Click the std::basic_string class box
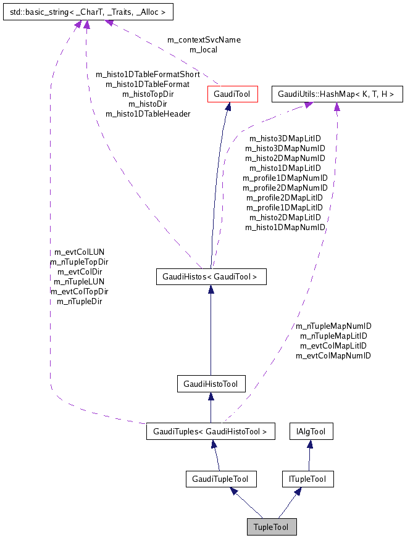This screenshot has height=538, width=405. (x=87, y=12)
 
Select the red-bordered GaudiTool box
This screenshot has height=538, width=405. (x=228, y=94)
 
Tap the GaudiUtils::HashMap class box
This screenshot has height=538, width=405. (x=337, y=94)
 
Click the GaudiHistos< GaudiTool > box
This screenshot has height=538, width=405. (x=211, y=277)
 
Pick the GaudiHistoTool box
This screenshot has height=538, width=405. (x=211, y=384)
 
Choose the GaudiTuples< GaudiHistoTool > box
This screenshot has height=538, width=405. (x=210, y=431)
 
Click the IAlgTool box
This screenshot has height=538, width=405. (x=312, y=431)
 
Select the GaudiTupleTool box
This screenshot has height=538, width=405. (x=220, y=479)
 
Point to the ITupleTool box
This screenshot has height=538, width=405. (x=307, y=479)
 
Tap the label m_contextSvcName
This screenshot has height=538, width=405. (x=204, y=39)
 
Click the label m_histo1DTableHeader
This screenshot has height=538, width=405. (x=148, y=114)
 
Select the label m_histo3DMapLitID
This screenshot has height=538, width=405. (x=285, y=139)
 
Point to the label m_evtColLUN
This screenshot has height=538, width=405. (x=80, y=252)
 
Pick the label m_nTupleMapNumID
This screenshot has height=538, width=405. (x=333, y=326)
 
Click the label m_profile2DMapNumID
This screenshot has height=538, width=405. (x=285, y=188)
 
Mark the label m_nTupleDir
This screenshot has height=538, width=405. (x=80, y=301)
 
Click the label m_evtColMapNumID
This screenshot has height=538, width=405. (x=333, y=355)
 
